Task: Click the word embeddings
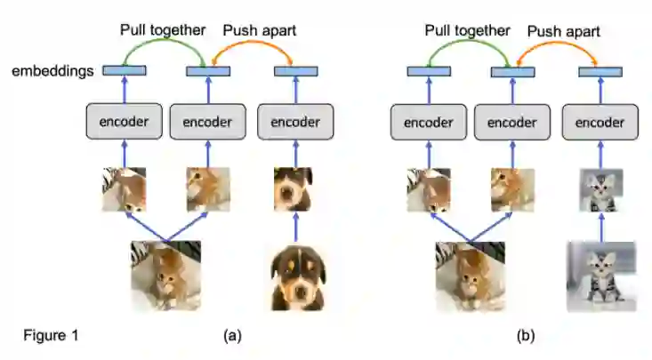(x=52, y=71)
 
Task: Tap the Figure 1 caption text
(x=51, y=335)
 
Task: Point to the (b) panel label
(x=527, y=335)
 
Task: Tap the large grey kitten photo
(x=601, y=276)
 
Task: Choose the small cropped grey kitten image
(x=600, y=191)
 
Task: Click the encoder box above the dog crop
(x=294, y=121)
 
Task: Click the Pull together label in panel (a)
(x=163, y=29)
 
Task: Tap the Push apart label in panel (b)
(x=564, y=31)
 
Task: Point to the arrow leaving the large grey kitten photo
(x=600, y=228)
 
